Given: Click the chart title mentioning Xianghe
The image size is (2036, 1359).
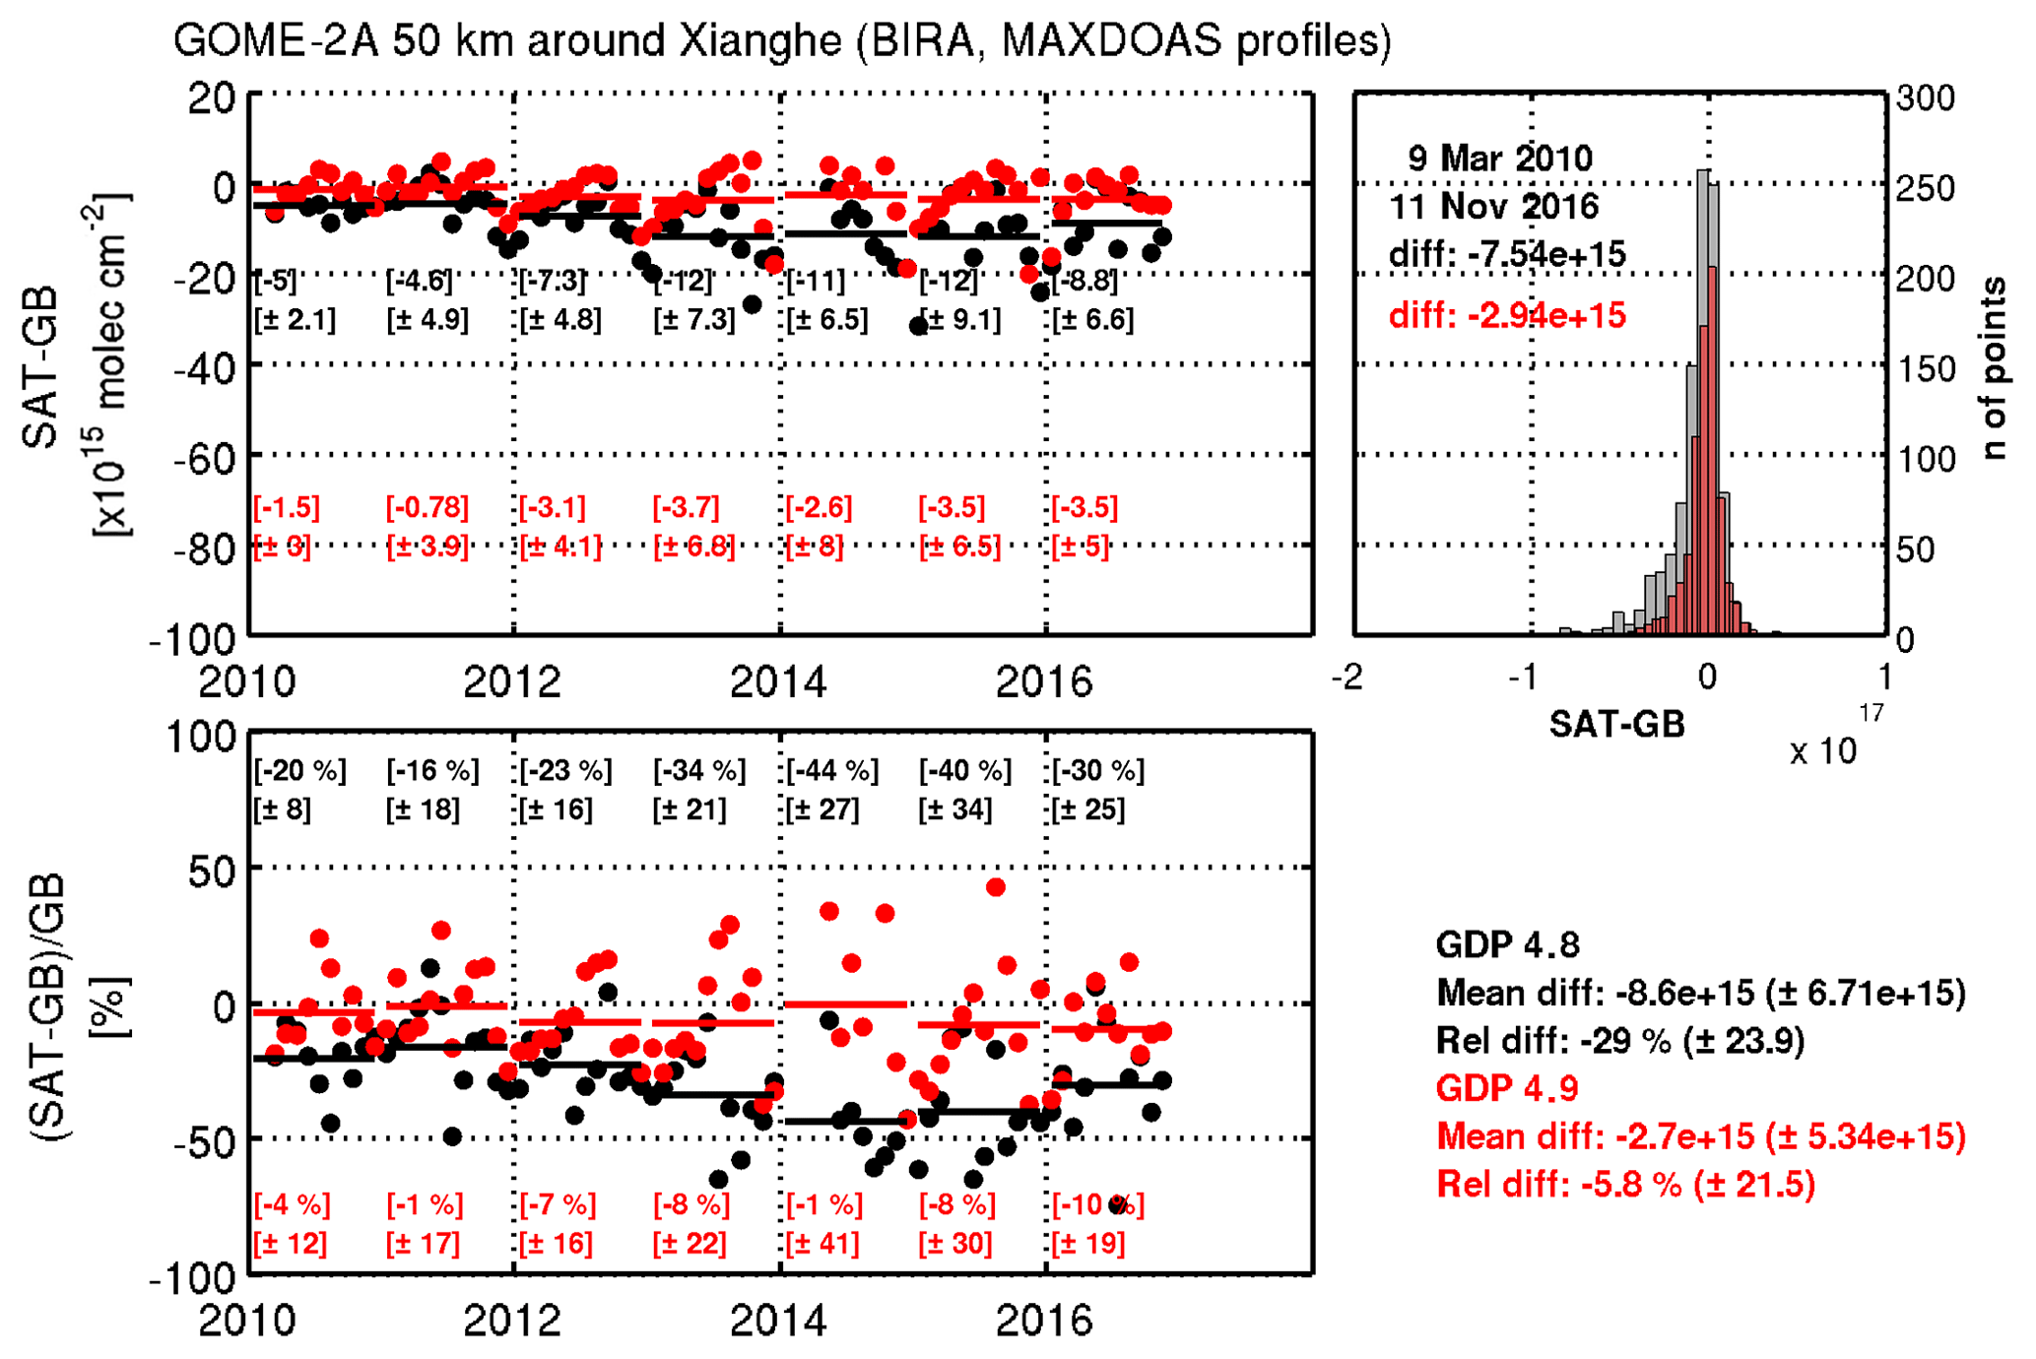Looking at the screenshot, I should pos(782,41).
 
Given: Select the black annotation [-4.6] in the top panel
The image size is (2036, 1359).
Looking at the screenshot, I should pos(420,282).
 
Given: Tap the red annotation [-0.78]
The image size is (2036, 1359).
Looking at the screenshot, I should pos(427,508).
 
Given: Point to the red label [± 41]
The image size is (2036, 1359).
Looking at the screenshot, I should pos(822,1244).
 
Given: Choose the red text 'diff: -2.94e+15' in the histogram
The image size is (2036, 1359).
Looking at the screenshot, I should pos(1507,316).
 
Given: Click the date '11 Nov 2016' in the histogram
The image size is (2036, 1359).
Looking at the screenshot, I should pos(1494,207).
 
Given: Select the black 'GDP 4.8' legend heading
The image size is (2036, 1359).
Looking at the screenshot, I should pos(1507,945).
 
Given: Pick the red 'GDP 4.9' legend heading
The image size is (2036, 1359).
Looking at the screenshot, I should pos(1507,1089).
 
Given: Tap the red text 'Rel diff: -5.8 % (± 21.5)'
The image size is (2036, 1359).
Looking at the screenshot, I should pos(1625,1185).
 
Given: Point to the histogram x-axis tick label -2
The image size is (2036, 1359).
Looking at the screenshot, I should pos(1346,678).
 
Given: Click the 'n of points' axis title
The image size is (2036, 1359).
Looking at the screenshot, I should pos(1994,368).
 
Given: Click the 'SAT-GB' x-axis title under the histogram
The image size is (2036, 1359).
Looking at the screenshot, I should pos(1617,726).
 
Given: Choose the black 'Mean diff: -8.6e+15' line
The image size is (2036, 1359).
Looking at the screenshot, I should pos(1701,994).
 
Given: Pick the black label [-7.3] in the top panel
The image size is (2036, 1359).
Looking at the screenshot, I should pos(553,282).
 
